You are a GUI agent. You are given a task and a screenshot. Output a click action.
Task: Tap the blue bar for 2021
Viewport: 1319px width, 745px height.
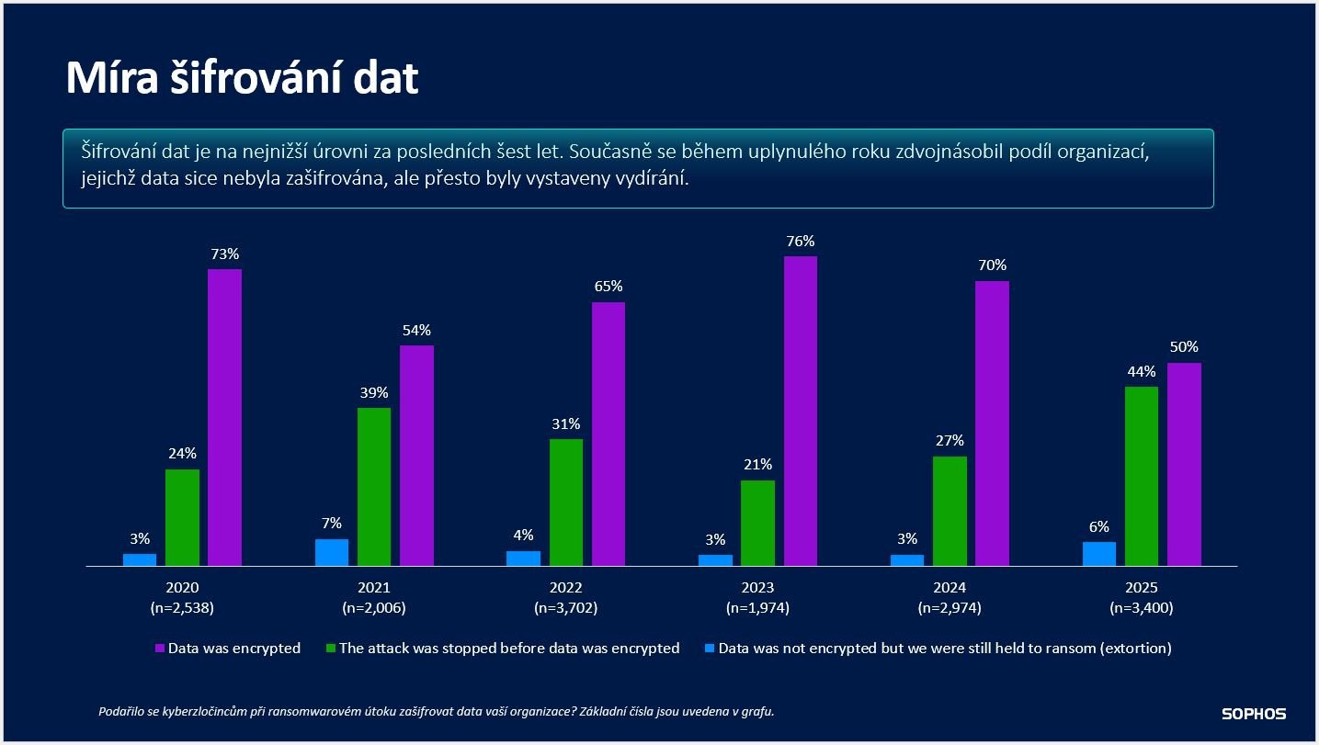click(x=332, y=552)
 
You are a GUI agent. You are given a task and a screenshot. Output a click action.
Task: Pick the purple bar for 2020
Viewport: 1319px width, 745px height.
click(x=224, y=417)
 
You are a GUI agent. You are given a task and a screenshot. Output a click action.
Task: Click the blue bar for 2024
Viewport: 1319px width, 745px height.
click(x=906, y=559)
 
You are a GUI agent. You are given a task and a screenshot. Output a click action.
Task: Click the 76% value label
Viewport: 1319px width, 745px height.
click(x=800, y=242)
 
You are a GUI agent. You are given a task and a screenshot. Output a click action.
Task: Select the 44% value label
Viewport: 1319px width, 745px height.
click(x=1141, y=372)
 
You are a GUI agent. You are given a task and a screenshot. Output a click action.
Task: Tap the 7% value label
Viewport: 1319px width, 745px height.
click(x=332, y=524)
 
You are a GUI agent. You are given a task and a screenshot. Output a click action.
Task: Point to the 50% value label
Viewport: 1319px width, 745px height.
click(x=1184, y=347)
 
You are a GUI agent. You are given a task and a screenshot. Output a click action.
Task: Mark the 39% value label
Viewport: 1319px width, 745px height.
click(x=374, y=392)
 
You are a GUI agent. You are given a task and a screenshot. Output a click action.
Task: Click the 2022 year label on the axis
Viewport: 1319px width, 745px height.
click(x=566, y=588)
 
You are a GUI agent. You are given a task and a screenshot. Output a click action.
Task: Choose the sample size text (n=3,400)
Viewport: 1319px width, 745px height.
click(x=1141, y=607)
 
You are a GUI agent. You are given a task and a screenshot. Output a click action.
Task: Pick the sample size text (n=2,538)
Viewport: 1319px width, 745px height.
click(x=182, y=607)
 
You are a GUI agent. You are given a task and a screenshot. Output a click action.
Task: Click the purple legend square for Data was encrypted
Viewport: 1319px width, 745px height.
click(x=159, y=649)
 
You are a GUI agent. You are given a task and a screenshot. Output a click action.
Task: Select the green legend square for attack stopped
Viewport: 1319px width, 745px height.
click(x=331, y=649)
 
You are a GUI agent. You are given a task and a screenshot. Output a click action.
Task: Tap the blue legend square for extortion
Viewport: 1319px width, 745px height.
click(x=710, y=649)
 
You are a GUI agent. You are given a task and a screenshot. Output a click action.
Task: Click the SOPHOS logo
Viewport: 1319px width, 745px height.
click(x=1253, y=714)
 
